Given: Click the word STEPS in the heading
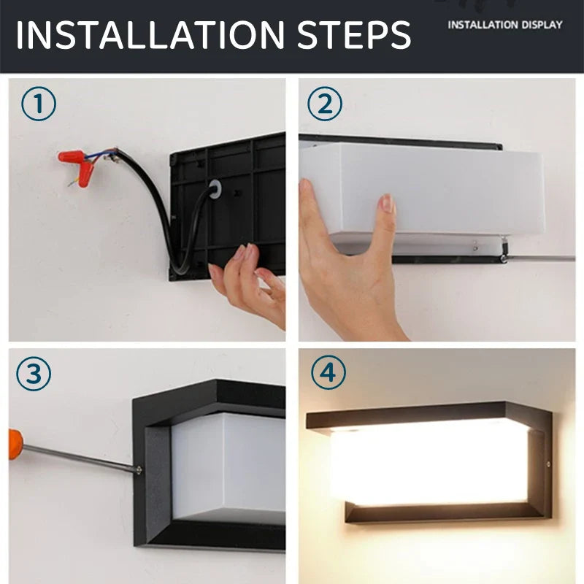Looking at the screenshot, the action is coord(354,34).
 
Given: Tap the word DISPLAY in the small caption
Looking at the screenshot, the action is coord(542,25).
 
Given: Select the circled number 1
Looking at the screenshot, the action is coord(39,104).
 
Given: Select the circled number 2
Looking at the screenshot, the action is coord(325,104).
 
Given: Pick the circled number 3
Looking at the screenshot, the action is coord(34,373).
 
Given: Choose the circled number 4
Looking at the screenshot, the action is coord(328,372).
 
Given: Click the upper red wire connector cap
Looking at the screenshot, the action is coord(71,156).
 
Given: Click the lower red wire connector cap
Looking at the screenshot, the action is coord(85,174).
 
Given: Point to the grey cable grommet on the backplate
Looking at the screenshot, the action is coord(215,188).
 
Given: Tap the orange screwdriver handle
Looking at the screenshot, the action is coord(15,445).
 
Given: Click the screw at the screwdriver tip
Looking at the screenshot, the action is coord(139,469).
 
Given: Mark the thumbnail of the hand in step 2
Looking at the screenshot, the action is coord(388,204).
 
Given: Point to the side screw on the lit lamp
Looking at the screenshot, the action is coord(548,464).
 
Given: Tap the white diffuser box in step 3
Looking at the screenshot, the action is coord(228,467).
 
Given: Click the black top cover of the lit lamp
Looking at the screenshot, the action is coord(417,414).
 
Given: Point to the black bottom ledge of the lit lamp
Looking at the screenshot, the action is coord(443,513).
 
